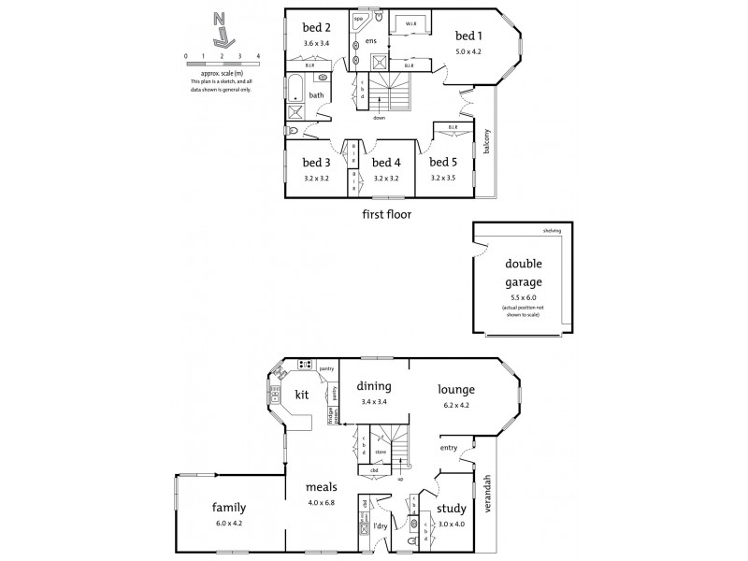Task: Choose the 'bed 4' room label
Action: (x=387, y=163)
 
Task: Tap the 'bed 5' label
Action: (x=444, y=163)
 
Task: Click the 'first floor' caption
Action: (x=388, y=213)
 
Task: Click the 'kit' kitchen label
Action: (x=302, y=394)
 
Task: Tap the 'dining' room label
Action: (x=374, y=386)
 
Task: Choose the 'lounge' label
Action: (x=454, y=389)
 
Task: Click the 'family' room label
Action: (x=229, y=507)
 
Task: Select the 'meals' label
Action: (x=321, y=487)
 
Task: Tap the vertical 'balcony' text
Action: (x=486, y=143)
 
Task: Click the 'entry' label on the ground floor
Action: (x=449, y=448)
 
